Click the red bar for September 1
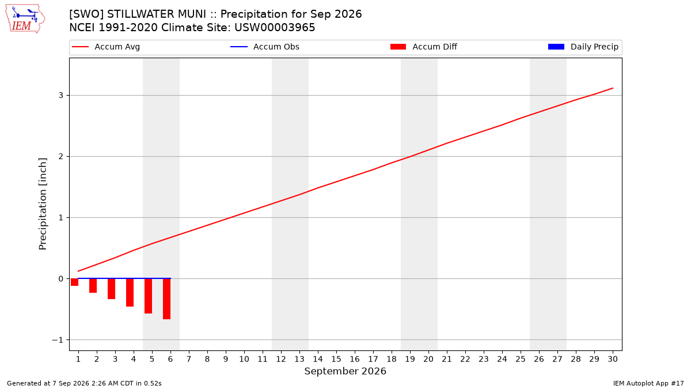pos(74,282)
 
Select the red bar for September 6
pos(166,299)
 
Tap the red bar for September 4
pos(130,293)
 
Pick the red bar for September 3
pos(111,289)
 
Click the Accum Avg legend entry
pos(106,47)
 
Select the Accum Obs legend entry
pos(265,47)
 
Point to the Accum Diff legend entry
pos(424,47)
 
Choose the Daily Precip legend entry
pos(583,47)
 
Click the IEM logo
pos(25,19)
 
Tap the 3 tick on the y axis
pos(61,96)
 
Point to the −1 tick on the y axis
pos(57,340)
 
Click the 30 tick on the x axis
pos(613,359)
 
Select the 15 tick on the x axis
pos(336,359)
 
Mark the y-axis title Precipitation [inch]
pos(43,204)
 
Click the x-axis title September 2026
pos(345,371)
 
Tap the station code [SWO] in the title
pos(86,14)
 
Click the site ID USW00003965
pos(275,28)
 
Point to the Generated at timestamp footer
pos(84,383)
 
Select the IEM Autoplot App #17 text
pos(648,383)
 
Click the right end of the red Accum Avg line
pos(613,88)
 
